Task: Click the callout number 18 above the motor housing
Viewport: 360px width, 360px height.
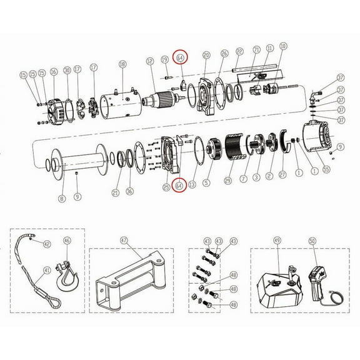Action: coord(122,64)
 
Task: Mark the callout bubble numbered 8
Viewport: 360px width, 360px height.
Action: coord(61,199)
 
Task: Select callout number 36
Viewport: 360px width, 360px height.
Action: coord(129,191)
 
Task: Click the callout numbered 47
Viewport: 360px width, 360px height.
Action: coord(124,240)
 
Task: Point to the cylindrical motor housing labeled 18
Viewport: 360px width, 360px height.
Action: coord(122,98)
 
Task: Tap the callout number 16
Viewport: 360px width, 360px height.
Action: coord(54,72)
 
